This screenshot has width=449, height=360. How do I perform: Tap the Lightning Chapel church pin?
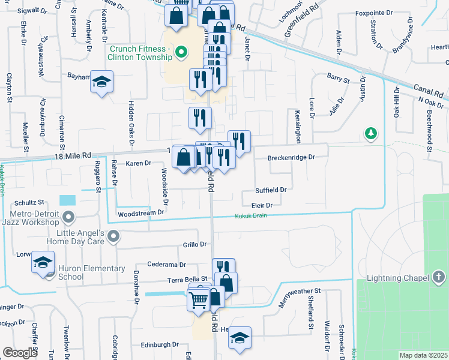click(438, 277)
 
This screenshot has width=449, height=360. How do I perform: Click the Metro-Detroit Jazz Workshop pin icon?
click(68, 217)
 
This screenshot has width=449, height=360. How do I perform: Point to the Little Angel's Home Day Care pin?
click(112, 236)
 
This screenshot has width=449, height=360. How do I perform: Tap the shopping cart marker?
click(198, 299)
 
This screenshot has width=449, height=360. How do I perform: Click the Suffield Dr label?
click(271, 190)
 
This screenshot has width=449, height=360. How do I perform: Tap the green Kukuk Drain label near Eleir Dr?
click(250, 216)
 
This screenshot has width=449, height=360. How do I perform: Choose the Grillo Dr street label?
click(194, 245)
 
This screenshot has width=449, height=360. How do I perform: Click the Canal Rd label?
click(429, 91)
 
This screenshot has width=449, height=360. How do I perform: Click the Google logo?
click(20, 353)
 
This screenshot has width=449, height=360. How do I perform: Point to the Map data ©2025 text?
click(424, 355)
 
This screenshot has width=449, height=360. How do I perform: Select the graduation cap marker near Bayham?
click(102, 82)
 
